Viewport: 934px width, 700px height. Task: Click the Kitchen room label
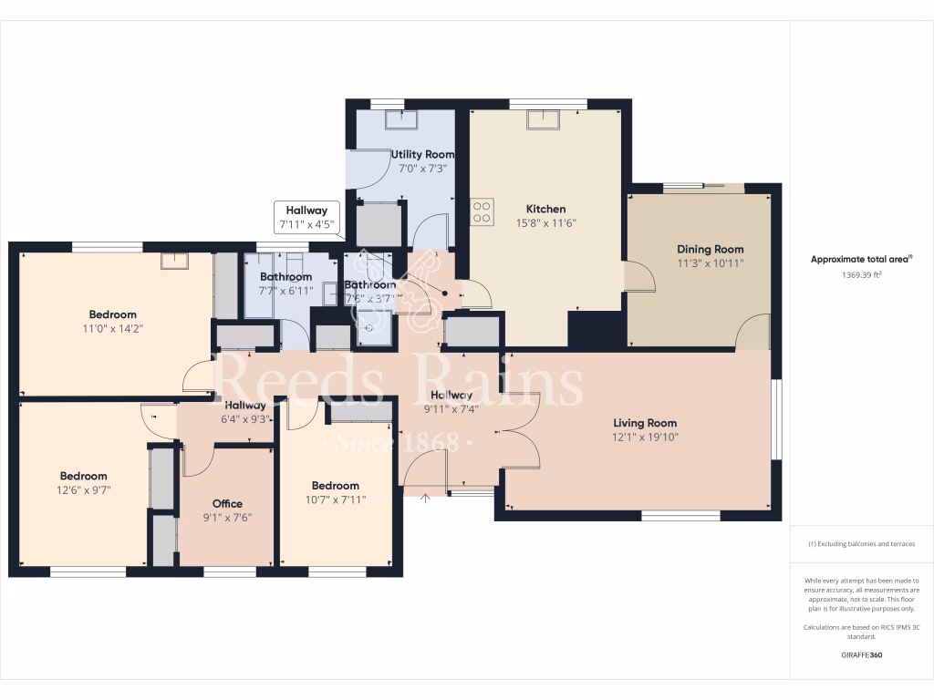(x=545, y=209)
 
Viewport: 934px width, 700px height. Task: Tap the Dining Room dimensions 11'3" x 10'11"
(x=710, y=263)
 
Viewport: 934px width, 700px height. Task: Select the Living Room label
(x=645, y=423)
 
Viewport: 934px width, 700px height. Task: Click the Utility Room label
(x=422, y=154)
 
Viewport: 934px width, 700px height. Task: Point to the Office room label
(x=227, y=503)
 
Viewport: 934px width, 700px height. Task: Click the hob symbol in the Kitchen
(x=483, y=211)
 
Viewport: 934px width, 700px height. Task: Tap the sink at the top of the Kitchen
(x=545, y=119)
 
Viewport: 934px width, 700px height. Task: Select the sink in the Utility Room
(x=400, y=120)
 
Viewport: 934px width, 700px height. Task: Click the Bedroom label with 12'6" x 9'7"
(x=84, y=476)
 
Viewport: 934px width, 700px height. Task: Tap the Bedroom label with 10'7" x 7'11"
(x=335, y=486)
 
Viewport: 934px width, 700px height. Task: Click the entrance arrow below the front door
(x=425, y=498)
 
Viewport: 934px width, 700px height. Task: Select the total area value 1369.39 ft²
(x=861, y=273)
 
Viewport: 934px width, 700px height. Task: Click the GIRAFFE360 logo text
(x=861, y=654)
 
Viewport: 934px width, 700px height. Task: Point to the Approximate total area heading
(x=861, y=259)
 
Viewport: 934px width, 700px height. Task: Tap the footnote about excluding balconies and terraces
(x=861, y=544)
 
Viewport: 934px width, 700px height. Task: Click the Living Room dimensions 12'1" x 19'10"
(x=645, y=437)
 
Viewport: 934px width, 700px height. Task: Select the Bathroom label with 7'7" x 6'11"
(x=285, y=277)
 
